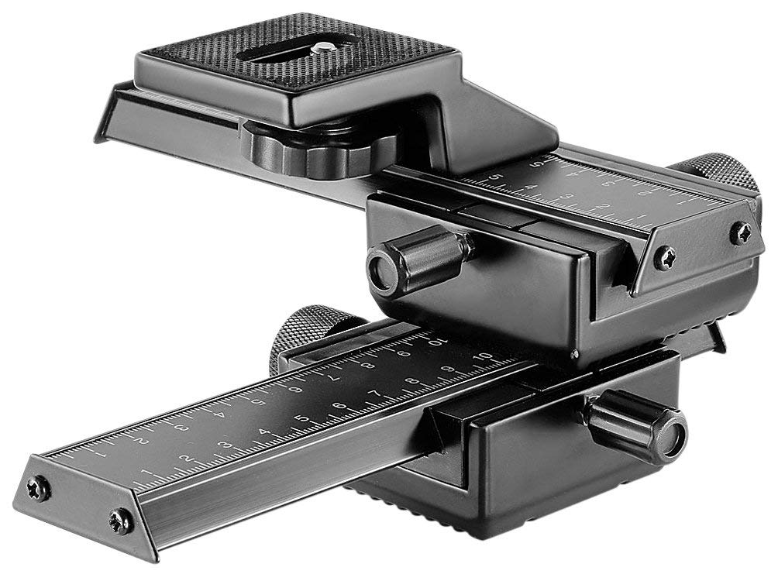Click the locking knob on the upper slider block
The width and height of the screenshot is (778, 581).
click(x=419, y=260)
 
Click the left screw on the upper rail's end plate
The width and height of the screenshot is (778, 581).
click(x=664, y=258)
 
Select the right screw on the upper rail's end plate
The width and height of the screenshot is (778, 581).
click(x=740, y=232)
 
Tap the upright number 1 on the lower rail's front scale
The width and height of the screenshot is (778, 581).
click(x=146, y=472)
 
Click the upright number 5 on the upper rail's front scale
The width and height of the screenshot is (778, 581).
click(x=494, y=177)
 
